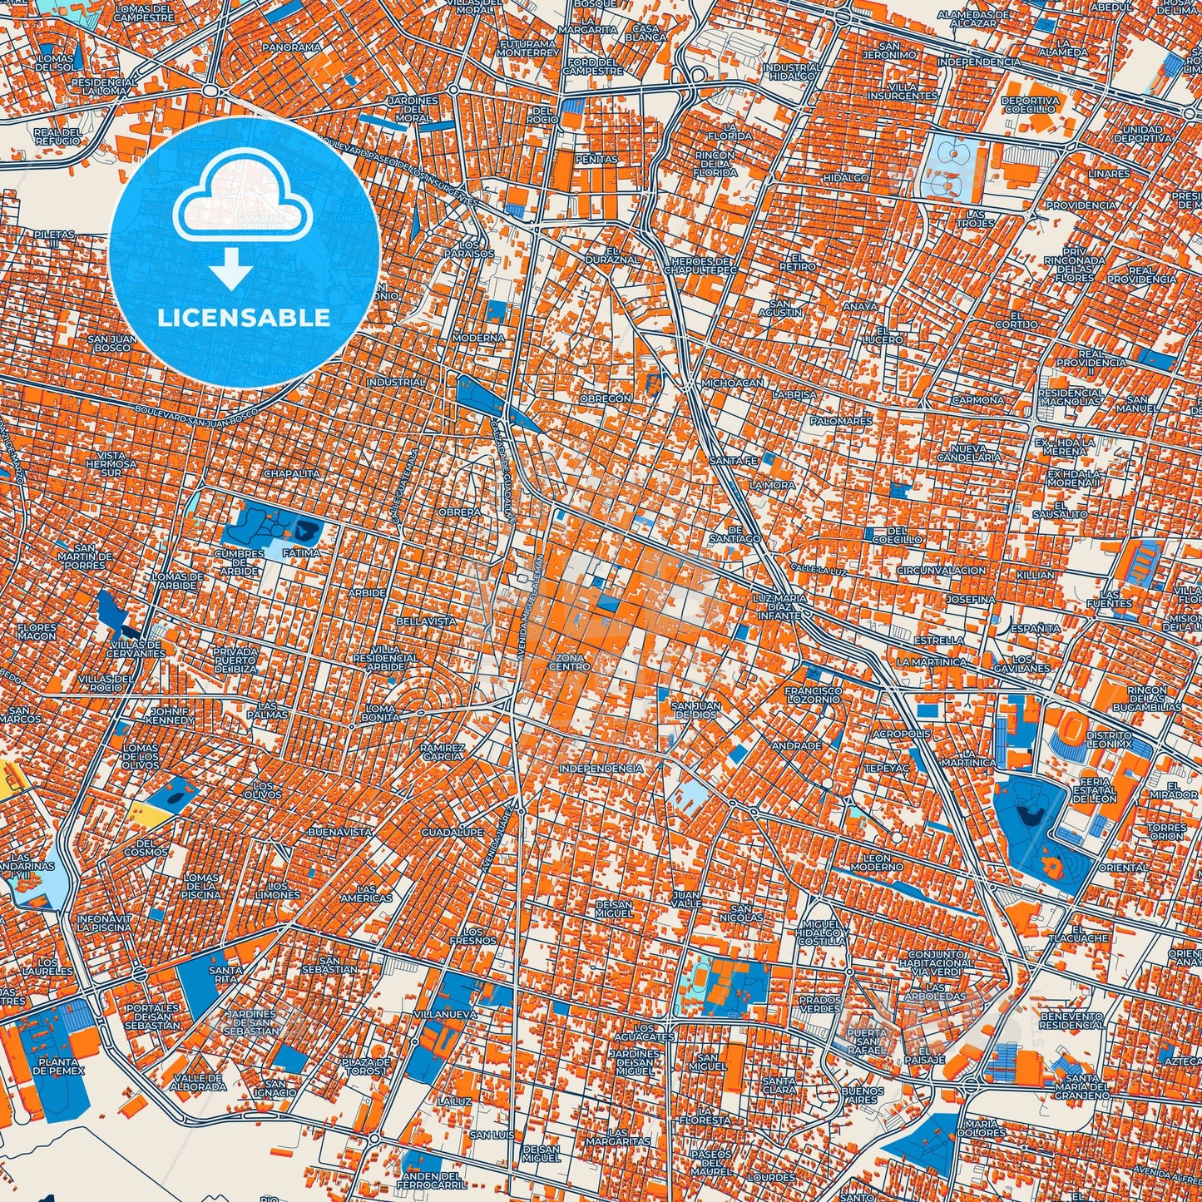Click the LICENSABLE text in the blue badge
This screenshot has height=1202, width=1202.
point(245,318)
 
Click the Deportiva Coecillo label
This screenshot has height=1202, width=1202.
point(1031,104)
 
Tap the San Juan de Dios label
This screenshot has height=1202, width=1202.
point(697,710)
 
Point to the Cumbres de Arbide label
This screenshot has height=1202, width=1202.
point(240,561)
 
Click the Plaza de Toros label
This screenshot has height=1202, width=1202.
point(366,1066)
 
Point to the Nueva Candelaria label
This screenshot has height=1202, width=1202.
point(969,453)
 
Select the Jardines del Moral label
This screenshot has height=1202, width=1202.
point(413,109)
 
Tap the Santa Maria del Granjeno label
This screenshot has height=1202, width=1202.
point(1082,1086)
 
